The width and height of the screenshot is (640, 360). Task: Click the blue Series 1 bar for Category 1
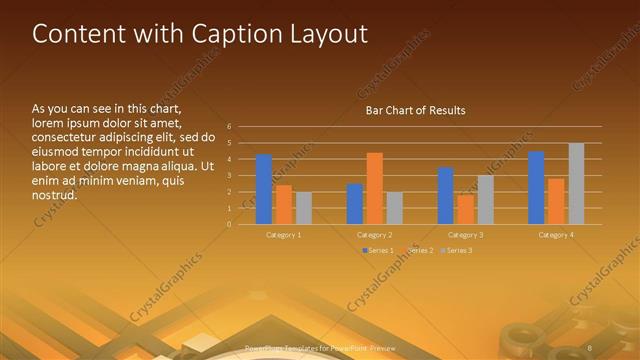coord(264,189)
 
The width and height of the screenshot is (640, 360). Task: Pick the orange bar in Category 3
coord(465,209)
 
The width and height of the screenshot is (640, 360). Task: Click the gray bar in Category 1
coord(304,208)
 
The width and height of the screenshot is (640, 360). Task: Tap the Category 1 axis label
coord(284,234)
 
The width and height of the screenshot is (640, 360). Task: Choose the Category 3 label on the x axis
coord(466,234)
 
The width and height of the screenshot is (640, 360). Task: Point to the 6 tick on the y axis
coord(230,127)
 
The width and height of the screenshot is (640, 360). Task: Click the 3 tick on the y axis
coord(230,175)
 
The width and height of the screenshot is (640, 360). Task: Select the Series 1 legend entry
coord(379,249)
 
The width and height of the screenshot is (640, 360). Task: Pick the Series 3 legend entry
coord(458,249)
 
